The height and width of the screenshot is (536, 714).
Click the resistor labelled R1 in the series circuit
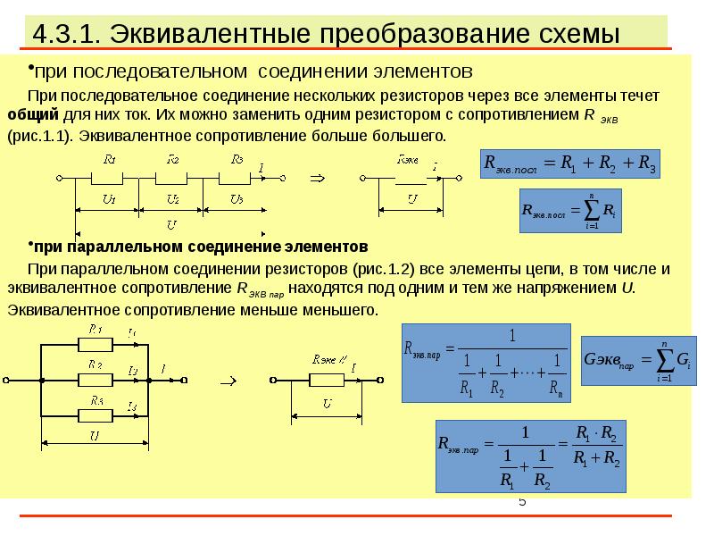[111, 177]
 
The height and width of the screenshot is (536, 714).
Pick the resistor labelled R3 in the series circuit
[236, 177]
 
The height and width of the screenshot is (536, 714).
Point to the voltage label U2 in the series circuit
[173, 197]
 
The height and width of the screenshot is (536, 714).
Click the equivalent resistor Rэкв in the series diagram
[407, 177]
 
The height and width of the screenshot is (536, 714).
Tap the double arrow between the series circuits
[316, 178]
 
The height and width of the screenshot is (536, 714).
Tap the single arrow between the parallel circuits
[227, 380]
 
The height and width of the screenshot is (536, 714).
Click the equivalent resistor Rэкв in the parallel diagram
[327, 379]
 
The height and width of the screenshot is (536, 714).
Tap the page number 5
[522, 502]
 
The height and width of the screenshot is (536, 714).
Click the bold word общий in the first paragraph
[33, 115]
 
